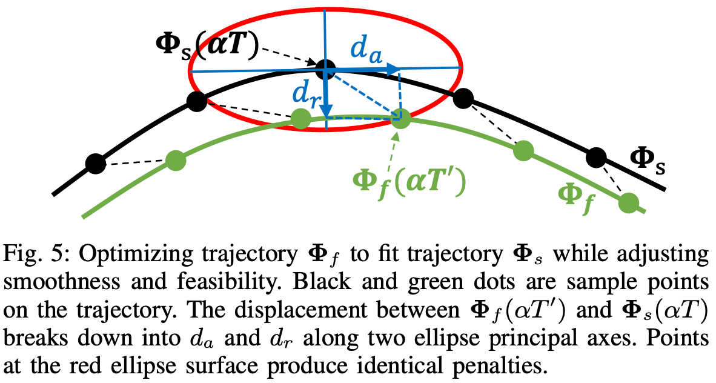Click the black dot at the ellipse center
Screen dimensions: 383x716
[325, 67]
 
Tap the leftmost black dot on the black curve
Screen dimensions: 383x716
[94, 163]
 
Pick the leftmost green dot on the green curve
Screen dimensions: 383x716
[175, 160]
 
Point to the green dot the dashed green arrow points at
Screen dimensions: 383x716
[400, 118]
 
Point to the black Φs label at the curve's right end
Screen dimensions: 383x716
[648, 160]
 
